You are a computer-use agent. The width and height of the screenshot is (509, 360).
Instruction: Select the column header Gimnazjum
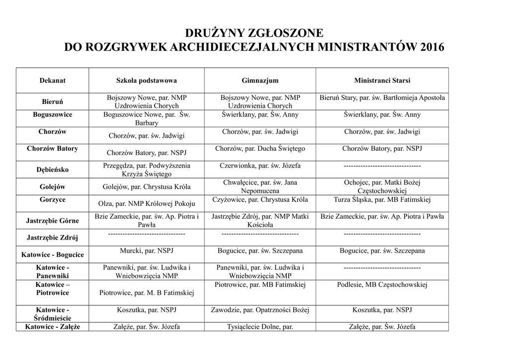[x=259, y=81]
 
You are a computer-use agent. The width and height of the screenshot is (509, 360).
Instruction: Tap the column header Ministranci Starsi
[x=382, y=81]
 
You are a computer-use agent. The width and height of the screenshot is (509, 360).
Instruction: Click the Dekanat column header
[x=52, y=81]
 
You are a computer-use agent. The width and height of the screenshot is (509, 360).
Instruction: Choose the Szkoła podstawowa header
[x=146, y=81]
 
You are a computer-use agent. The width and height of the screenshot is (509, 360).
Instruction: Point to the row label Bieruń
[x=52, y=102]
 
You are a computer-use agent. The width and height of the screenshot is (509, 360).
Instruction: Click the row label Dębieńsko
[x=52, y=170]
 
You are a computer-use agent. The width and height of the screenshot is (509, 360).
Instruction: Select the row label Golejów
[x=52, y=187]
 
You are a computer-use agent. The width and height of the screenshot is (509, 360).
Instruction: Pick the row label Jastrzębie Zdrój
[x=52, y=237]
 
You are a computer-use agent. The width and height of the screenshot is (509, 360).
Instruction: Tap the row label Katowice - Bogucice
[x=52, y=255]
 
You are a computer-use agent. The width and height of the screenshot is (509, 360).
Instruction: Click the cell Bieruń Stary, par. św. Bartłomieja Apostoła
[x=382, y=98]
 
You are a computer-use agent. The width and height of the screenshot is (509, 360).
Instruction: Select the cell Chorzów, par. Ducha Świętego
[x=259, y=149]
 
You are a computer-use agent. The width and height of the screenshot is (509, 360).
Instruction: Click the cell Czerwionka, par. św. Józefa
[x=259, y=166]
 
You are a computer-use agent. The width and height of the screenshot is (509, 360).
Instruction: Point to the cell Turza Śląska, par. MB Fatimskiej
[x=382, y=200]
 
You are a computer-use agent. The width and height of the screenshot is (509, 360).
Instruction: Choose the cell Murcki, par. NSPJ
[x=146, y=251]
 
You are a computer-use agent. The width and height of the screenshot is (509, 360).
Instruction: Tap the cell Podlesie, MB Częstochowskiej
[x=382, y=285]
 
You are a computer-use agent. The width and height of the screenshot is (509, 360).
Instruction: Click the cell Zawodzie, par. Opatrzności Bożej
[x=259, y=310]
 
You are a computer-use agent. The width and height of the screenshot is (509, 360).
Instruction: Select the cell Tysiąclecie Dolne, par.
[x=259, y=327]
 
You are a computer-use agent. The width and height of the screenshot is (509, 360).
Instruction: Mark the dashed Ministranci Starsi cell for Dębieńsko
[x=382, y=166]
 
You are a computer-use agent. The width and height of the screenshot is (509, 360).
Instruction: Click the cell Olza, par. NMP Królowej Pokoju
[x=146, y=203]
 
